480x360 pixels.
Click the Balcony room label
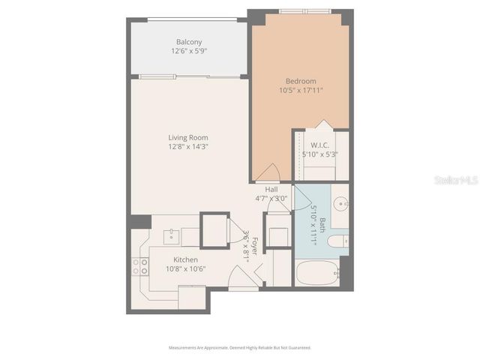click(x=188, y=42)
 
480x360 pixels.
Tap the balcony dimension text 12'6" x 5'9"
click(x=188, y=52)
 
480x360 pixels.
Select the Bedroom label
click(x=300, y=81)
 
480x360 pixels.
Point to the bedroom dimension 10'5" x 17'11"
click(x=300, y=91)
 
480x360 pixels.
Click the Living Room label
click(x=188, y=137)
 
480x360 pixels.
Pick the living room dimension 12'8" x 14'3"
click(x=188, y=147)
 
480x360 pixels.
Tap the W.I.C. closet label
click(x=320, y=145)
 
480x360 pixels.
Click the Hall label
click(x=271, y=190)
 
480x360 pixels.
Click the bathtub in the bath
click(x=316, y=273)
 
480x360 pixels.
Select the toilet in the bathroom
click(x=339, y=241)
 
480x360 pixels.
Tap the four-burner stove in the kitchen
click(x=139, y=266)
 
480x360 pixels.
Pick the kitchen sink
click(x=171, y=235)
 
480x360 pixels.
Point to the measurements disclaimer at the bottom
click(x=240, y=348)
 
